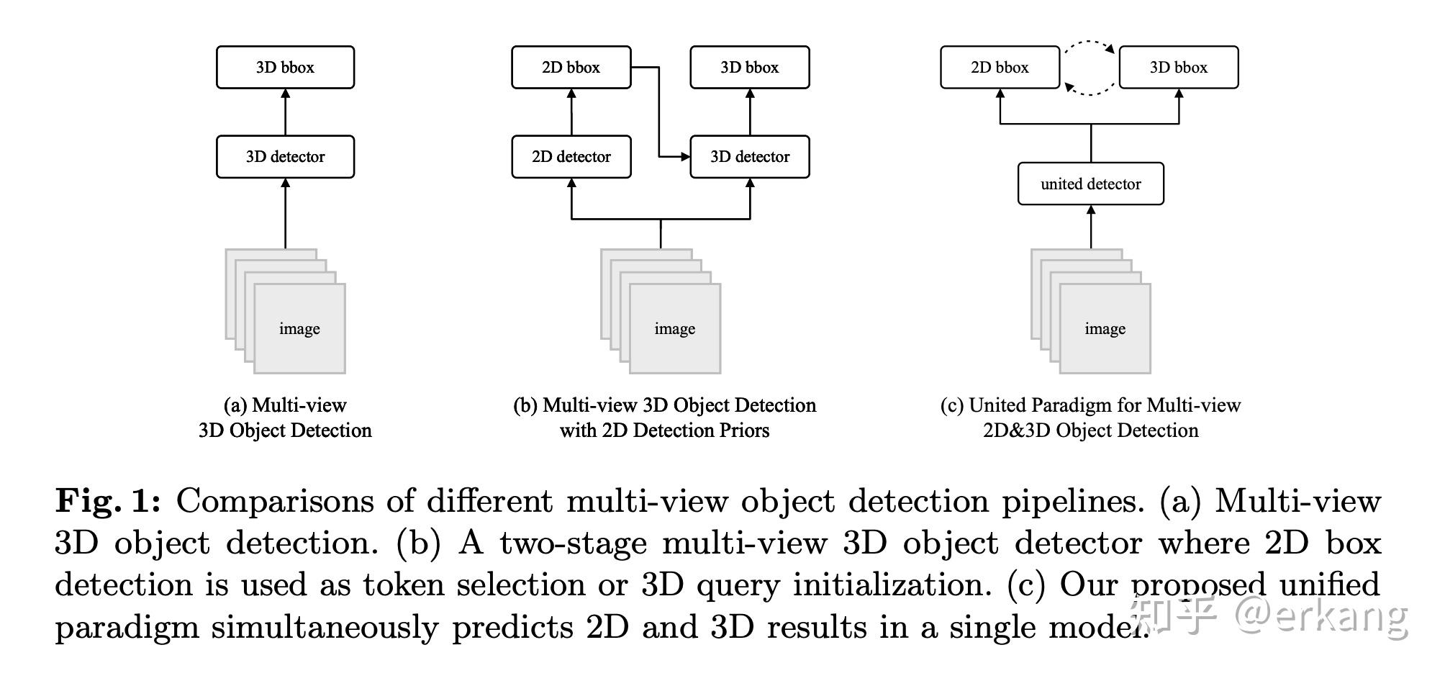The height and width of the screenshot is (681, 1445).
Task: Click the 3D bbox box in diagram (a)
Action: [x=285, y=68]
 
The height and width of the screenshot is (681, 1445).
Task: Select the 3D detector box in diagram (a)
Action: [x=285, y=157]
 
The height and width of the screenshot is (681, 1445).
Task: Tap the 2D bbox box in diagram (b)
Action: [x=571, y=68]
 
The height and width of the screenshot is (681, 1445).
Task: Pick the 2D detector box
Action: [x=571, y=157]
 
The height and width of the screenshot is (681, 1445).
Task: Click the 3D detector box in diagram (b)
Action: [x=750, y=157]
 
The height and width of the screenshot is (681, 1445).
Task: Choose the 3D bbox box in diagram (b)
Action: [x=750, y=68]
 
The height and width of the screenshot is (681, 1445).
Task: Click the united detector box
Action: [x=1090, y=184]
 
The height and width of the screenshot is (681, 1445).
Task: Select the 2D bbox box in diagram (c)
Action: [x=1000, y=68]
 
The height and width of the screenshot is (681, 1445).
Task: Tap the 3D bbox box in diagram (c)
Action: [x=1178, y=68]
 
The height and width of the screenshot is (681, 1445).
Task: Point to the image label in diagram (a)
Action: [x=299, y=329]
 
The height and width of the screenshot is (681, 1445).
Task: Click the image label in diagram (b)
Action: [x=674, y=329]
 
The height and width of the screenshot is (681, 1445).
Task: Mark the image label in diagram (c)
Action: [x=1105, y=329]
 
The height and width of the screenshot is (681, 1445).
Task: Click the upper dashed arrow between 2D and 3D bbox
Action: [x=1090, y=42]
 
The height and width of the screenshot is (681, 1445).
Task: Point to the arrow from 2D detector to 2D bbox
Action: [x=571, y=112]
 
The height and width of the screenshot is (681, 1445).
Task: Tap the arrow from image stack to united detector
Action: [x=1091, y=227]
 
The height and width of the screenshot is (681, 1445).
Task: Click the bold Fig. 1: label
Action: [x=108, y=501]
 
